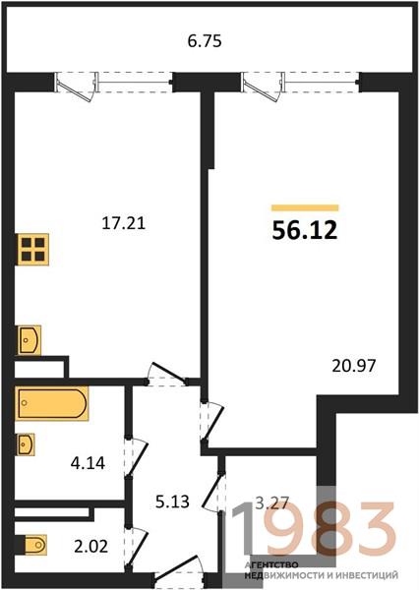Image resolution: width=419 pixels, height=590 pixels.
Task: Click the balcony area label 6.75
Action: tap(205, 41)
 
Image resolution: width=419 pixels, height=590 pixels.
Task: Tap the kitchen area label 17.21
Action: tap(124, 223)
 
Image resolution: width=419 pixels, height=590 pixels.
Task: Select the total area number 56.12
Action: tap(305, 230)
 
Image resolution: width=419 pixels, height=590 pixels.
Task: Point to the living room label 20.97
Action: tap(353, 366)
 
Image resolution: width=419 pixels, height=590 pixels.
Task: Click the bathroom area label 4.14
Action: tap(88, 463)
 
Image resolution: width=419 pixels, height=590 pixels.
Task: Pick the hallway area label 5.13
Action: tap(172, 501)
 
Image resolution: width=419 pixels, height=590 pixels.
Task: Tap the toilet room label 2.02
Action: tap(91, 547)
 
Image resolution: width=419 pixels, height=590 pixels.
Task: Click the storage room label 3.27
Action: tap(271, 502)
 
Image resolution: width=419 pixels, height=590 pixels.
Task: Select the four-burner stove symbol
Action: tap(33, 250)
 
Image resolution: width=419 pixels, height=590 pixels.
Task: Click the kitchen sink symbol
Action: tap(29, 340)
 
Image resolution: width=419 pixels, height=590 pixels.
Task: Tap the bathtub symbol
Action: tap(52, 403)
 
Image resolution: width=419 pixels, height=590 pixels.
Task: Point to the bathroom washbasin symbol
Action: tap(26, 444)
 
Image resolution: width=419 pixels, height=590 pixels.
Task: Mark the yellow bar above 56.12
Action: tap(305, 207)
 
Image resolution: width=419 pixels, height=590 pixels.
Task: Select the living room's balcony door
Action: tap(264, 88)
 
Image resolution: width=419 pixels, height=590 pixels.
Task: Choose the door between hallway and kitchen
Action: tap(167, 375)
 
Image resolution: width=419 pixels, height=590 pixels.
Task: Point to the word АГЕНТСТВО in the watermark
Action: tap(271, 565)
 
